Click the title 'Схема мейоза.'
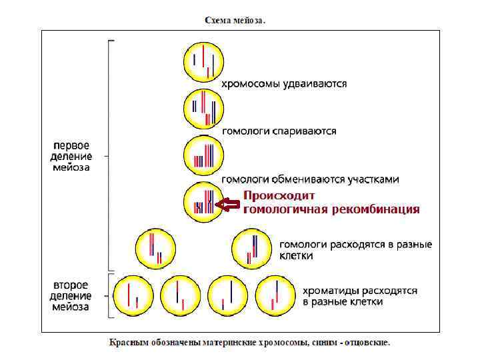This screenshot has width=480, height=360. pyautogui.click(x=234, y=20)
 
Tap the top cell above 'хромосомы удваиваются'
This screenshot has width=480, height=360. pyautogui.click(x=204, y=61)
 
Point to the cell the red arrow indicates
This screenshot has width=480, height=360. pyautogui.click(x=204, y=201)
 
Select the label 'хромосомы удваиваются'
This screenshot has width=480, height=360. pyautogui.click(x=284, y=84)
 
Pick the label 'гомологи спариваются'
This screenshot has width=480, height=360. pyautogui.click(x=279, y=131)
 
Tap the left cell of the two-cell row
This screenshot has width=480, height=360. pyautogui.click(x=155, y=247)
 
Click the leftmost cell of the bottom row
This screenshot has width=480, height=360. pyautogui.click(x=133, y=295)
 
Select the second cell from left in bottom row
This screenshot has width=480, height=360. pyautogui.click(x=180, y=295)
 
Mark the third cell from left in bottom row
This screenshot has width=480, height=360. pyautogui.click(x=228, y=295)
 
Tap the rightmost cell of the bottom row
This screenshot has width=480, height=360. pyautogui.click(x=275, y=295)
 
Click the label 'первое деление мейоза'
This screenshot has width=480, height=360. pyautogui.click(x=71, y=156)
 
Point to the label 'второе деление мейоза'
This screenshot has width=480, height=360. pyautogui.click(x=71, y=295)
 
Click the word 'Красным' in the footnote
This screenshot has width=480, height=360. pyautogui.click(x=129, y=343)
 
